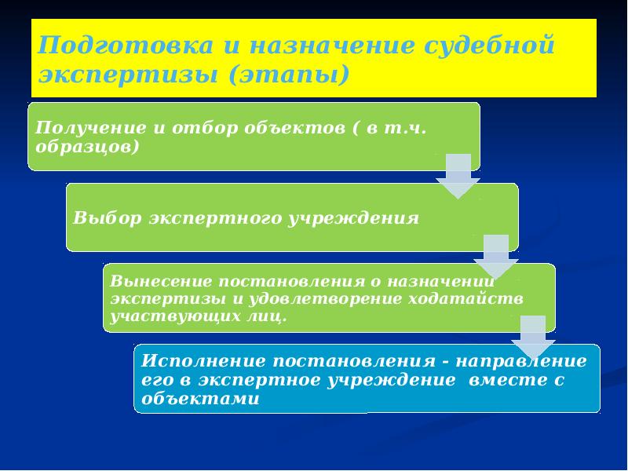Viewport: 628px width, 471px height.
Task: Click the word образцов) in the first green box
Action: [88, 146]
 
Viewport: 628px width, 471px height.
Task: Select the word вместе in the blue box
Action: [502, 380]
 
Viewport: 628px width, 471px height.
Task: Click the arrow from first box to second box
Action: [458, 176]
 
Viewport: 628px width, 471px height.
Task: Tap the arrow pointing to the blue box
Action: [533, 337]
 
